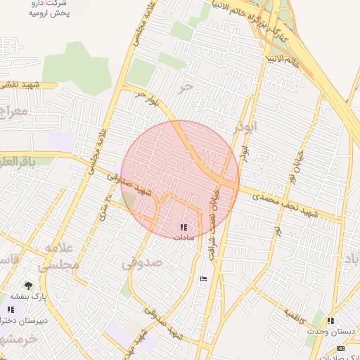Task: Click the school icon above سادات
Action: (x=184, y=227)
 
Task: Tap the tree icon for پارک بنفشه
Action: (x=28, y=285)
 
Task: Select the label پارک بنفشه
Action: (x=33, y=297)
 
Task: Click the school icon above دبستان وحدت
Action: (x=330, y=321)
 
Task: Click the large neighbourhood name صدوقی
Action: (x=142, y=263)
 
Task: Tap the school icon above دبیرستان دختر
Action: (x=11, y=309)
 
